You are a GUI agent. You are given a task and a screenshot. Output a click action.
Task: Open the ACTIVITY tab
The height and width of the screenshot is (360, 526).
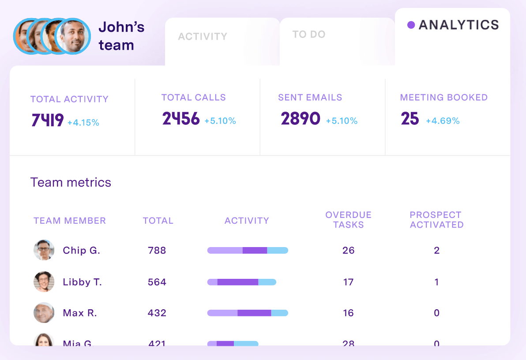pos(203,37)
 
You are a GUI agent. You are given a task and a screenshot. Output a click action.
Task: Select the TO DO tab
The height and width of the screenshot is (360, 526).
pos(309,34)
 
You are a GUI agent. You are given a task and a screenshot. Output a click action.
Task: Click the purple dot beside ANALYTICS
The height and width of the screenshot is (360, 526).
pos(411,25)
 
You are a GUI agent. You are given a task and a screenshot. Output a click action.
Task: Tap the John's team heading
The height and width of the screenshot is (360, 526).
pos(121,36)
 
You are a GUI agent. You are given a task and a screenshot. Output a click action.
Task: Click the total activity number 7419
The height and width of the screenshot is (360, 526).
pos(48,120)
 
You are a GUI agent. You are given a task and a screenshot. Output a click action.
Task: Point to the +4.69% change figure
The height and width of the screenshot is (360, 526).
pos(443,121)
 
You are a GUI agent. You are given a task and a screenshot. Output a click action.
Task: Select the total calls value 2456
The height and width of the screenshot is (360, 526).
pos(181,119)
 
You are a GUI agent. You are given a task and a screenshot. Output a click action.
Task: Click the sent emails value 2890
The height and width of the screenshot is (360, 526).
pos(301,119)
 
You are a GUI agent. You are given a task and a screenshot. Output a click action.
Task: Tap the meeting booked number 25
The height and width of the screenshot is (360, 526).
pos(410,119)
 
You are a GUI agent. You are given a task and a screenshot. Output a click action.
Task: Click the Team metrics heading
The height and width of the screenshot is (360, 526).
pos(71,183)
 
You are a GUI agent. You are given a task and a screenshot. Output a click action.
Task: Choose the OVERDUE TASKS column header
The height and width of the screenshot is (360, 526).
pos(348,220)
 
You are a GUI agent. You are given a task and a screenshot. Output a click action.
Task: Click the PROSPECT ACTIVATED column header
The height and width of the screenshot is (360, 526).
pos(436,220)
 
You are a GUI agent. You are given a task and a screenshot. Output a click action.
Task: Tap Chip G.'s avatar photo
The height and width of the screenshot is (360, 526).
pos(44,250)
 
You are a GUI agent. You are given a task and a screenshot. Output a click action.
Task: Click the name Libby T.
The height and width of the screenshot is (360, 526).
pos(82,282)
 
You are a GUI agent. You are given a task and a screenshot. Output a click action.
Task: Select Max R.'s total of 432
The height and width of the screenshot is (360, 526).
pos(157,313)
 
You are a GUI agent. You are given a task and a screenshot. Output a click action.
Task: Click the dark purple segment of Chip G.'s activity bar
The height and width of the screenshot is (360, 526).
pos(255,250)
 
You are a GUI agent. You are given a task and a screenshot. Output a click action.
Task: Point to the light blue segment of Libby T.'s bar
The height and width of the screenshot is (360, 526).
pos(267,282)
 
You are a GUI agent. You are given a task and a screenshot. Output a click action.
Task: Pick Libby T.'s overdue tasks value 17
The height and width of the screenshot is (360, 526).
pos(348,282)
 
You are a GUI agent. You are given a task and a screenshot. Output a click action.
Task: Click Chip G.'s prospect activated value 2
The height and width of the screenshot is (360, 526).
pos(436,250)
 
